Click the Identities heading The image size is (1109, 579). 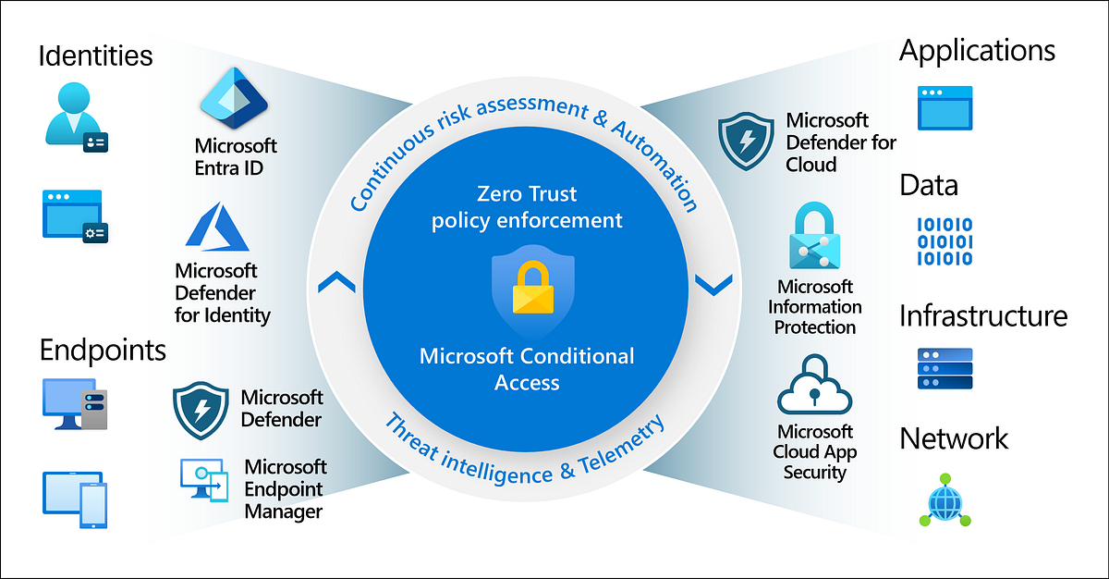click(x=95, y=55)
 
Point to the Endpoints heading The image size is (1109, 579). click(x=103, y=350)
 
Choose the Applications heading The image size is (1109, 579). click(x=977, y=50)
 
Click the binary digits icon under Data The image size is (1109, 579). click(x=944, y=241)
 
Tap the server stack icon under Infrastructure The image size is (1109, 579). click(x=944, y=368)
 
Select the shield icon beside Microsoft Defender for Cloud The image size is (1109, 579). click(x=746, y=142)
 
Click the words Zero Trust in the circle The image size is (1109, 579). click(x=527, y=194)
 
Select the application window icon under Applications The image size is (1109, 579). click(x=944, y=107)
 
